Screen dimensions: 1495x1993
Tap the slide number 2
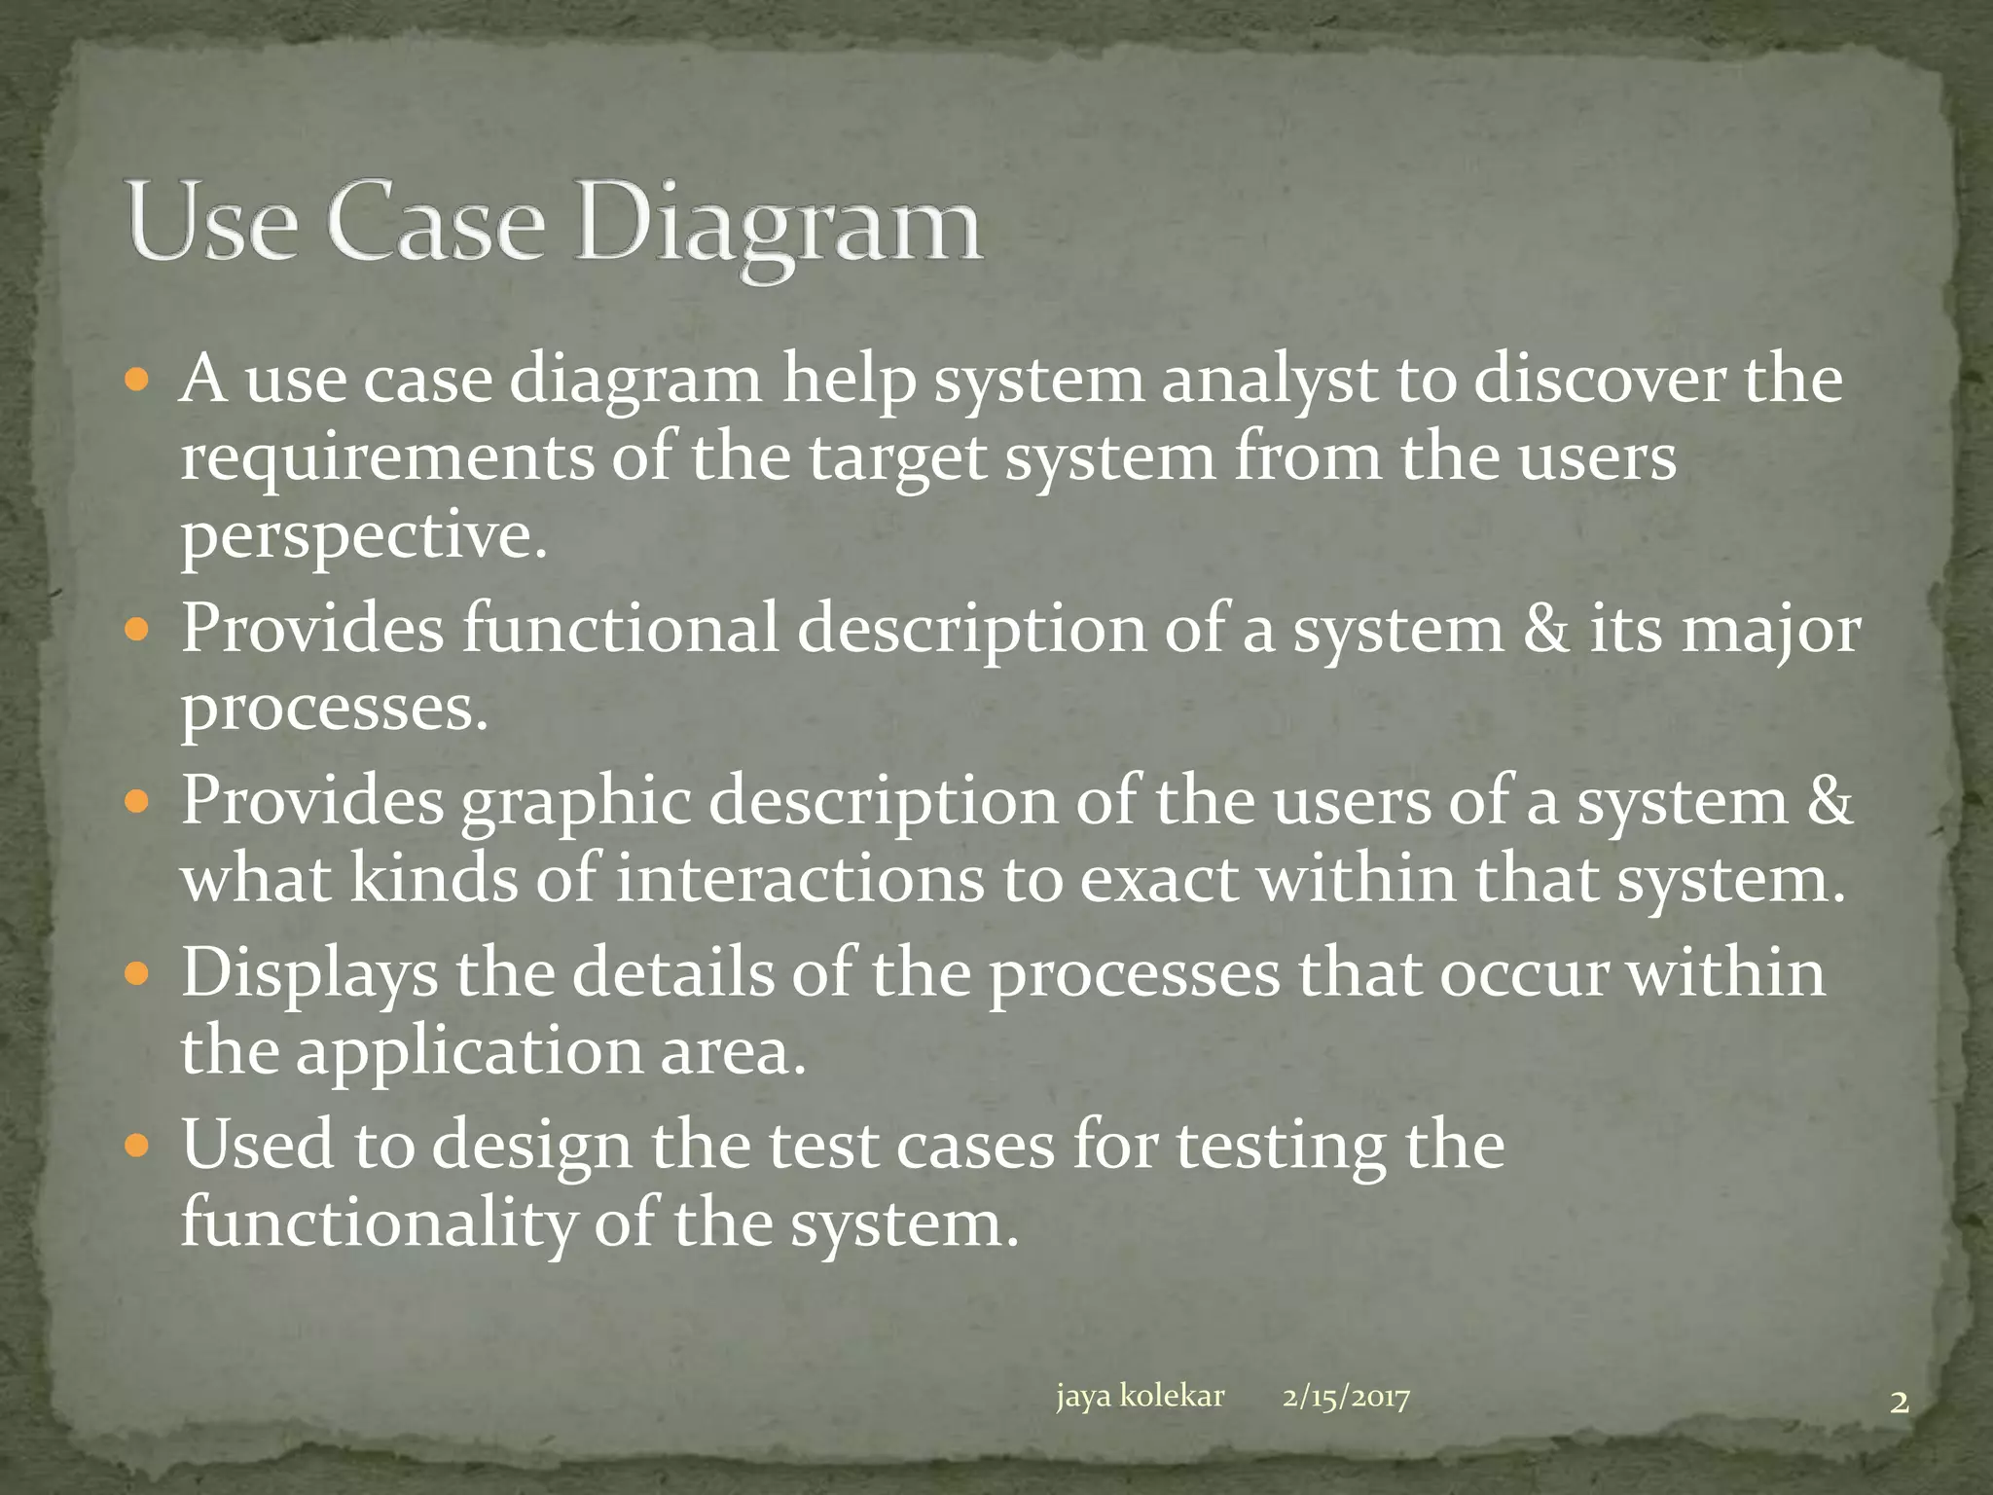coord(1899,1403)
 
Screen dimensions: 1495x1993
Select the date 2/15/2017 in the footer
coord(1346,1398)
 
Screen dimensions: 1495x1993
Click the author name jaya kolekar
coord(1140,1396)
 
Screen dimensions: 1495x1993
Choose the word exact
coord(1159,879)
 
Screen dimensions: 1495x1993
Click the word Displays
coord(309,973)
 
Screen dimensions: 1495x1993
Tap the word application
coord(468,1052)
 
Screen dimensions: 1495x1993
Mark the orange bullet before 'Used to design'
coord(138,1144)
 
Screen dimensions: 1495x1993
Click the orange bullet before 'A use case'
coord(138,379)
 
